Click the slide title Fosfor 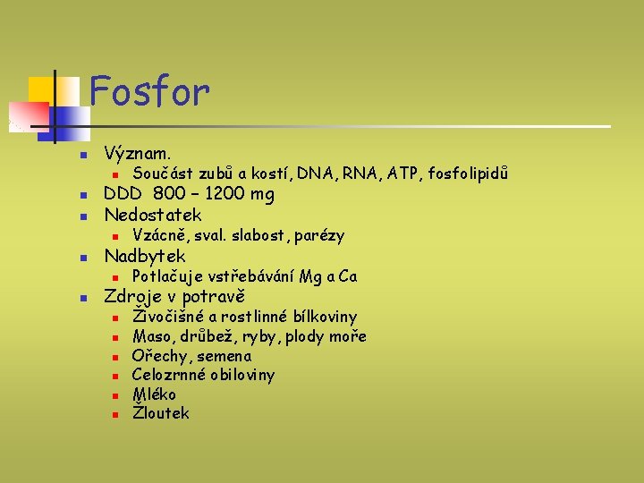(x=150, y=91)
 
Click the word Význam (x=138, y=153)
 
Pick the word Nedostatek (x=153, y=215)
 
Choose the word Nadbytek (x=145, y=257)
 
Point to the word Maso (x=151, y=336)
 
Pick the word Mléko (x=154, y=394)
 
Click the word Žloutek (x=160, y=413)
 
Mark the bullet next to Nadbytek (x=81, y=258)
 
